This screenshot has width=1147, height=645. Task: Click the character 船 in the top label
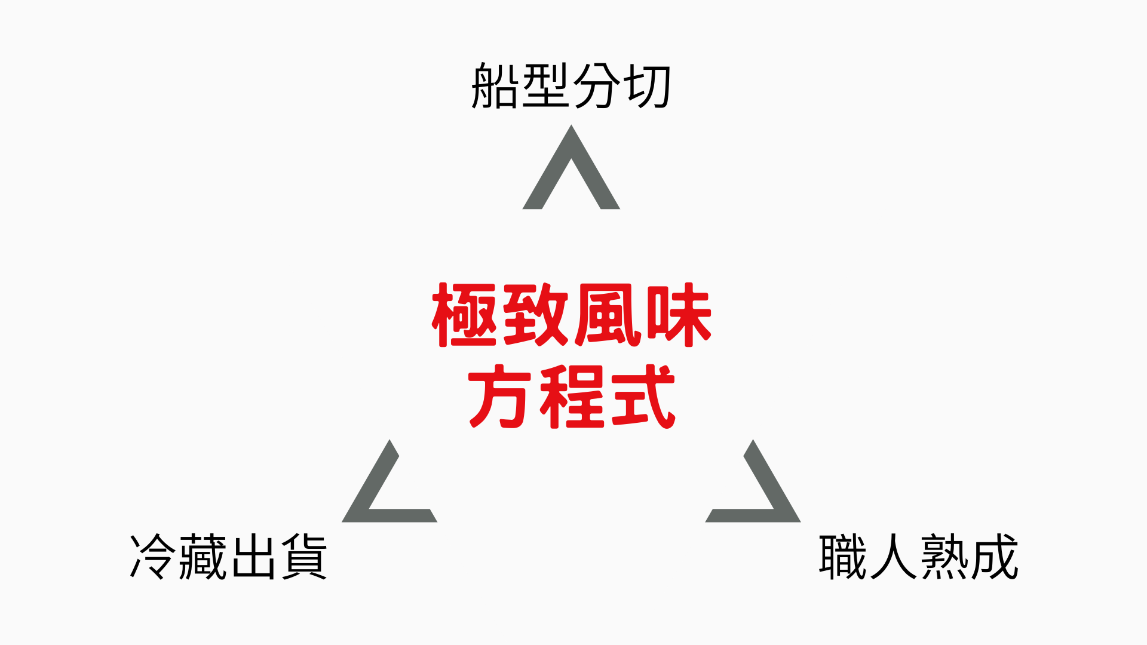point(495,86)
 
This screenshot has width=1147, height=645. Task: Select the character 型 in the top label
point(545,86)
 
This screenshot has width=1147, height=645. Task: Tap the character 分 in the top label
point(596,86)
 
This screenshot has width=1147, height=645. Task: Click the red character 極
point(464,315)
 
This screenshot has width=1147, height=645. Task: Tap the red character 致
point(536,315)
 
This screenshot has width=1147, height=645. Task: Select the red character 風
point(608,315)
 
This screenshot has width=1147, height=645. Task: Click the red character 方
point(500,397)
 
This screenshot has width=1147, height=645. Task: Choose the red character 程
point(572,397)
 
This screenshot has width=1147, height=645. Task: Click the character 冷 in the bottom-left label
point(154,557)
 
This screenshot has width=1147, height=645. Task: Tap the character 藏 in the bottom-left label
point(203,557)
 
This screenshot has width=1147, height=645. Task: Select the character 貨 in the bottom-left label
point(304,557)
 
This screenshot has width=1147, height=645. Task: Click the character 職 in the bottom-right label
point(842,557)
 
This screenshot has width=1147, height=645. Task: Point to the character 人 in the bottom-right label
point(893,557)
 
